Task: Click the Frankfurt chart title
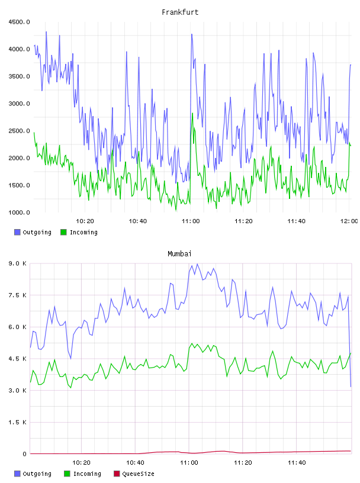[180, 12]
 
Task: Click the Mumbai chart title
[179, 254]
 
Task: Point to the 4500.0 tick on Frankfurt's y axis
[19, 22]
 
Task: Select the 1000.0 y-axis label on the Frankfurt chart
[19, 212]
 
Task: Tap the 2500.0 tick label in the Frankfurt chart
[19, 131]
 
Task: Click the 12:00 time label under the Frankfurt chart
[349, 221]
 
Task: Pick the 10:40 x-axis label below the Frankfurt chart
[138, 221]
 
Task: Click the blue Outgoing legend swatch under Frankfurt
[17, 232]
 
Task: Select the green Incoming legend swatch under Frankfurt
[63, 232]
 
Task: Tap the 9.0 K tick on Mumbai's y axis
[18, 263]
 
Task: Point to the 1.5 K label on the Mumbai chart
[18, 422]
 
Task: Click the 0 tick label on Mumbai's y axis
[25, 454]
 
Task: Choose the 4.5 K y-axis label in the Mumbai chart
[18, 359]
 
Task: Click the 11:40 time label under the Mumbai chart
[297, 463]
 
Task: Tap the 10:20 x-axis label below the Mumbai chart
[81, 463]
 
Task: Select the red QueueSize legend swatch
[117, 474]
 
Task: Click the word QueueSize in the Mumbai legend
[138, 474]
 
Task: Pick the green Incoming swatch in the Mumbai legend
[67, 474]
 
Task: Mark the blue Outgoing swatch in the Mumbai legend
[17, 474]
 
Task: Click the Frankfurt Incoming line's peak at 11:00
[192, 114]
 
